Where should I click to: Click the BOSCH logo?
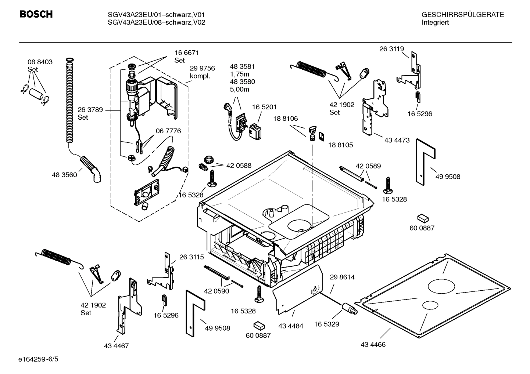pyautogui.click(x=36, y=14)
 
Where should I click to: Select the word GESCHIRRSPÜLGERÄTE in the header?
pyautogui.click(x=462, y=15)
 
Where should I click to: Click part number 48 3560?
pyautogui.click(x=64, y=175)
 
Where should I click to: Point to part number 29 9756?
pyautogui.click(x=202, y=68)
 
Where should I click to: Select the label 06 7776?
pyautogui.click(x=168, y=131)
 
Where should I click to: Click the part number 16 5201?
pyautogui.click(x=264, y=107)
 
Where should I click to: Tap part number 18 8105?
pyautogui.click(x=340, y=145)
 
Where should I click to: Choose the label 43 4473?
pyautogui.click(x=397, y=140)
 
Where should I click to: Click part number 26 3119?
pyautogui.click(x=391, y=49)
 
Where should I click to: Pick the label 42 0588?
pyautogui.click(x=239, y=166)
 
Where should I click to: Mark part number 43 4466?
pyautogui.click(x=373, y=345)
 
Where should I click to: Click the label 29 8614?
pyautogui.click(x=342, y=277)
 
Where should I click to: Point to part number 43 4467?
pyautogui.click(x=116, y=346)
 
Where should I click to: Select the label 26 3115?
pyautogui.click(x=191, y=257)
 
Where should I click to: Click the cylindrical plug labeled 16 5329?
pyautogui.click(x=350, y=308)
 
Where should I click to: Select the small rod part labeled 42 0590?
pyautogui.click(x=217, y=273)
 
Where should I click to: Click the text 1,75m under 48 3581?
pyautogui.click(x=239, y=74)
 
